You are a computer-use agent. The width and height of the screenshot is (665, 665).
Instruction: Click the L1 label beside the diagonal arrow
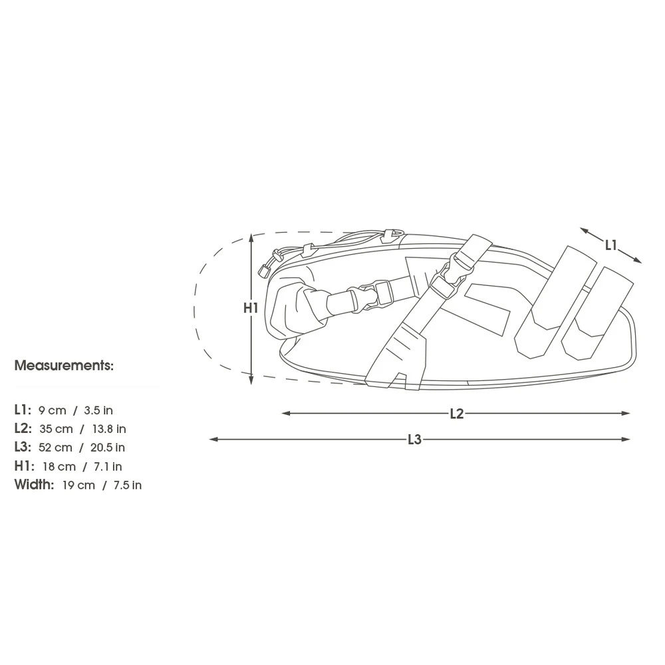click(610, 245)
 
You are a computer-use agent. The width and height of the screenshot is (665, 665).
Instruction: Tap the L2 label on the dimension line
click(457, 414)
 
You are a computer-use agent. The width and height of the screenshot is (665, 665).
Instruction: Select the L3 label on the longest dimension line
click(414, 440)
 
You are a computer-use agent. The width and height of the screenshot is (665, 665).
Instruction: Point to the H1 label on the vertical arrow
click(251, 308)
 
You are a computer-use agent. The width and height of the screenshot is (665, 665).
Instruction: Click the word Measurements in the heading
click(64, 365)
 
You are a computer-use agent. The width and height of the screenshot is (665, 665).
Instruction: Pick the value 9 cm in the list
click(52, 410)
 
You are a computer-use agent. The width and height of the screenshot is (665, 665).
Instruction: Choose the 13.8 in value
click(109, 429)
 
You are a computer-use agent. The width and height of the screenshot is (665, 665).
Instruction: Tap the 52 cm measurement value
click(55, 448)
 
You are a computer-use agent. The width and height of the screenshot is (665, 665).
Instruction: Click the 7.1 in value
click(108, 467)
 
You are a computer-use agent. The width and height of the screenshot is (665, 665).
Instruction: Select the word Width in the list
click(34, 484)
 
